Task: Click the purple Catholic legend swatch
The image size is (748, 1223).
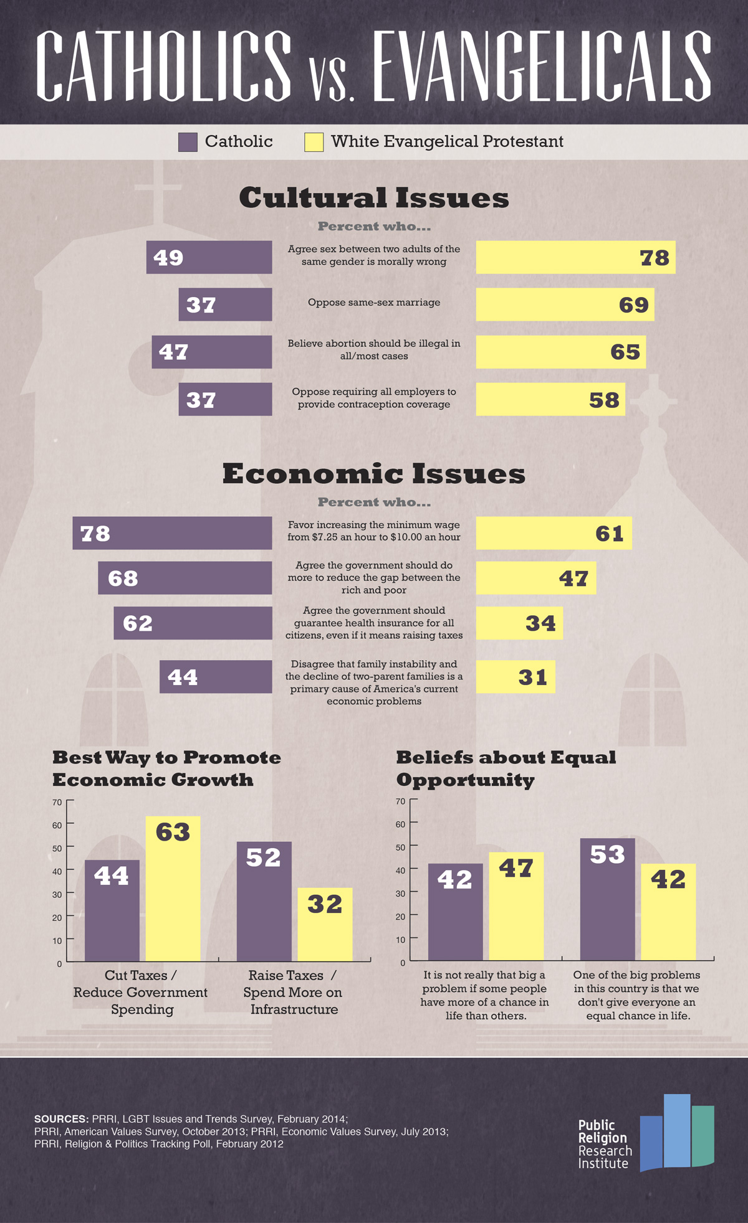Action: [188, 142]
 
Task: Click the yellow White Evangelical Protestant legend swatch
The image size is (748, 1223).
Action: [314, 142]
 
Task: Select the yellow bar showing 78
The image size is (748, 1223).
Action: [575, 257]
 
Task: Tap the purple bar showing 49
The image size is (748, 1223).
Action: [209, 257]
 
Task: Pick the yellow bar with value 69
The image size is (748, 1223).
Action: [565, 305]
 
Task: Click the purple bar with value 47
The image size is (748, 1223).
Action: [211, 352]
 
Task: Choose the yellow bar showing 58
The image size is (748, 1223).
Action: [550, 399]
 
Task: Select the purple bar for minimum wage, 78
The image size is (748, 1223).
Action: [172, 533]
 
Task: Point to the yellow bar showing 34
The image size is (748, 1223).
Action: [519, 623]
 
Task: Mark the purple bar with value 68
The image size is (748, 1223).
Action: [185, 578]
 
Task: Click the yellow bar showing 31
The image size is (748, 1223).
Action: [515, 677]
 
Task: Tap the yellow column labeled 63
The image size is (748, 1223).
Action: [173, 888]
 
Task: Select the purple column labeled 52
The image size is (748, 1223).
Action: [264, 900]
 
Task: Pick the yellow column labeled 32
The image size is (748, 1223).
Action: [325, 924]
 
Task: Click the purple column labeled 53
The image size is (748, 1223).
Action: [607, 899]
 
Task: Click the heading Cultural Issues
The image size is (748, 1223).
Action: [374, 198]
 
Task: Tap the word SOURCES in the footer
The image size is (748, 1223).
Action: [60, 1119]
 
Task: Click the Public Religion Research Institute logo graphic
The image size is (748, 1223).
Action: [676, 1133]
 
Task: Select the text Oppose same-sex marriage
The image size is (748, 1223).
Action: [374, 303]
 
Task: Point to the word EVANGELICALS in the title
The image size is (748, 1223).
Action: [542, 66]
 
